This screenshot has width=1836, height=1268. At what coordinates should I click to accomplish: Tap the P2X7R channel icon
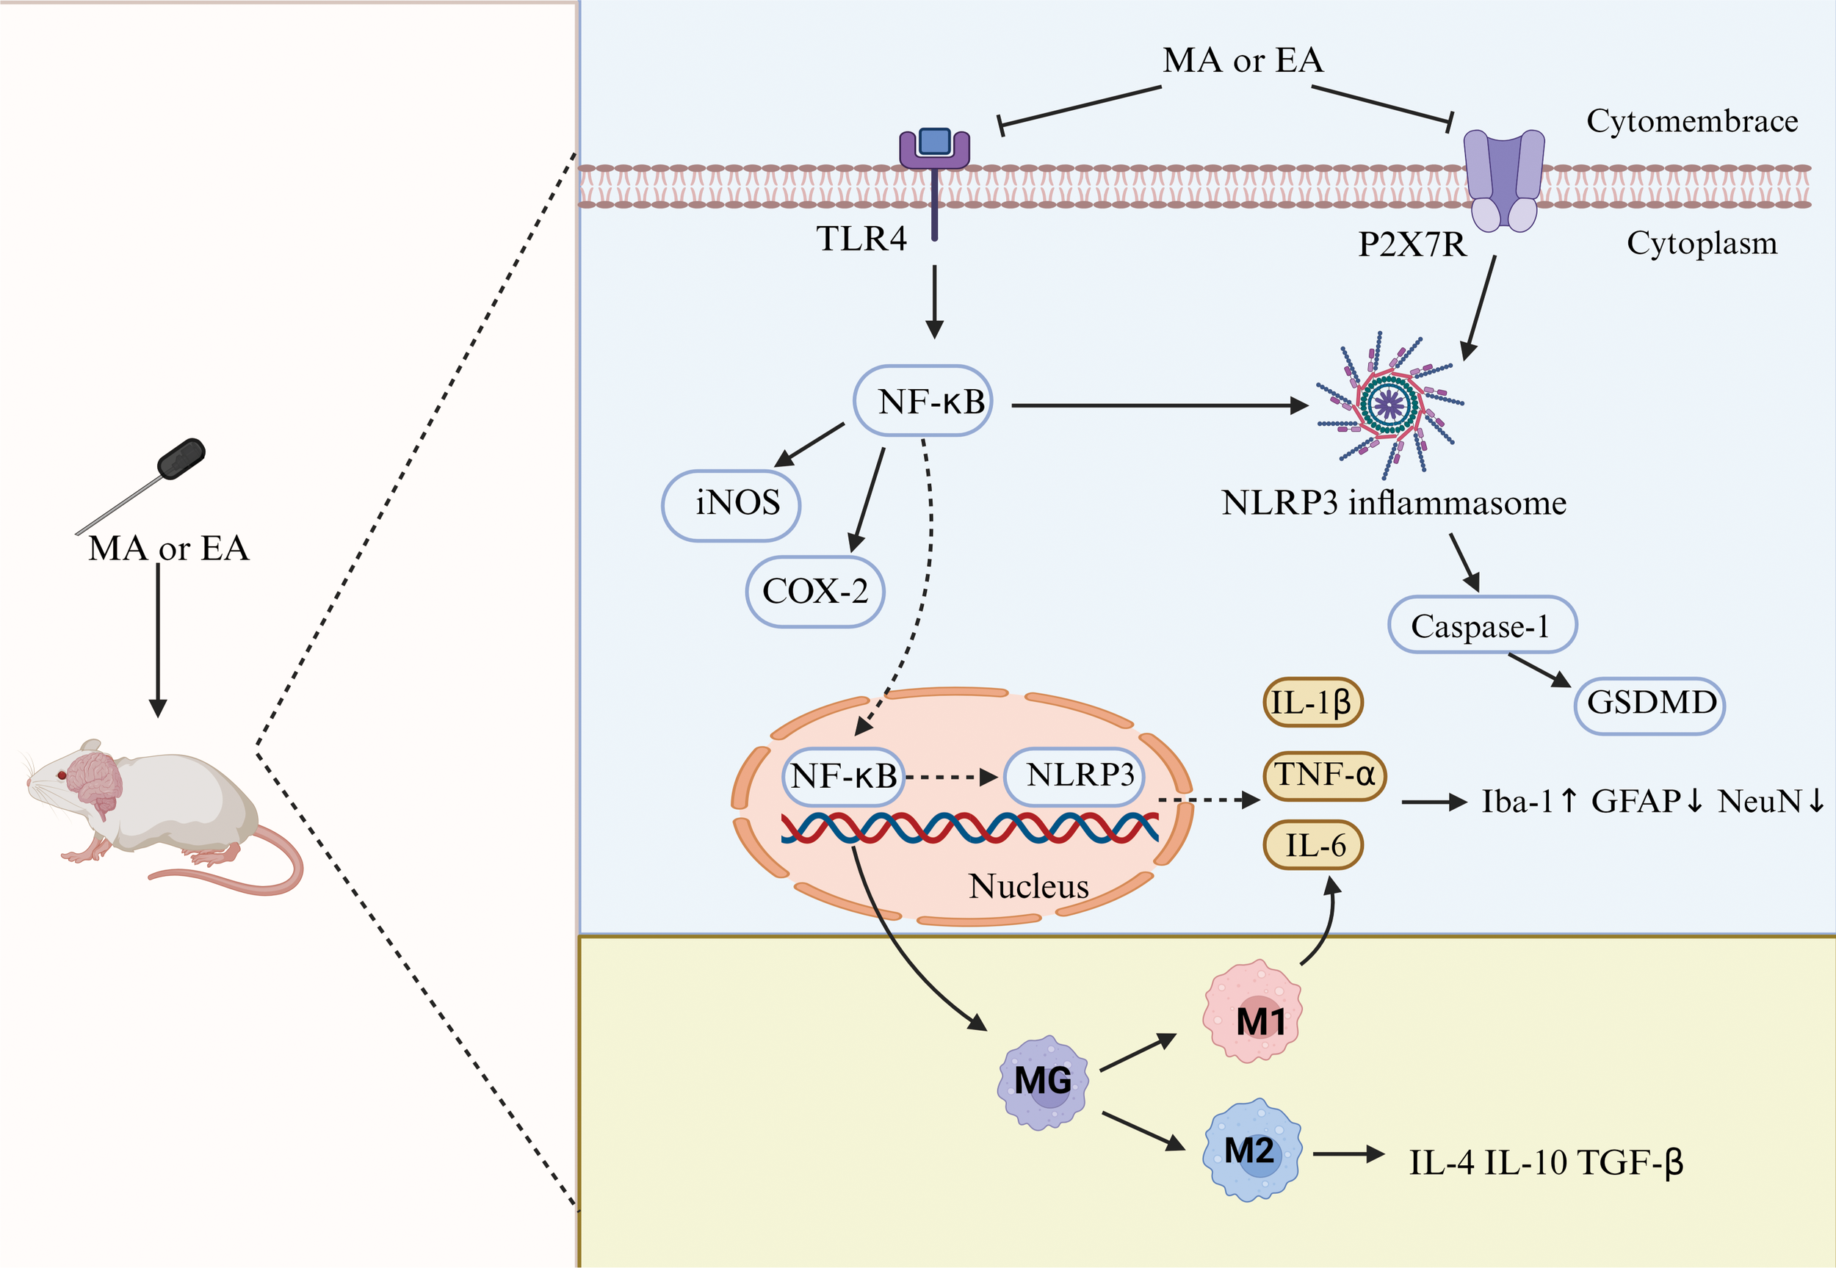(1504, 178)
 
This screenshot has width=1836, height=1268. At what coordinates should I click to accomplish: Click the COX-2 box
(815, 592)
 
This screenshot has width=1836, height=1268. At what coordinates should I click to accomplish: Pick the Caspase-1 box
(1482, 626)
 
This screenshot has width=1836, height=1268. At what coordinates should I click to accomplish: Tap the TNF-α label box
(1323, 775)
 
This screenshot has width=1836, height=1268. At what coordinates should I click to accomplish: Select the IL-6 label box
(1312, 844)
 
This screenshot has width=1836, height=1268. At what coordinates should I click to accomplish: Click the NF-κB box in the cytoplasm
(923, 401)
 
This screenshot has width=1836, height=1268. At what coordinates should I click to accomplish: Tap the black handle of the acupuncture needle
(181, 459)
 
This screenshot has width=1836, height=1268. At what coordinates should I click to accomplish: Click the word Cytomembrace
(1691, 120)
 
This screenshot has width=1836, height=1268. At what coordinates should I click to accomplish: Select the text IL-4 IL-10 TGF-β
(1546, 1163)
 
